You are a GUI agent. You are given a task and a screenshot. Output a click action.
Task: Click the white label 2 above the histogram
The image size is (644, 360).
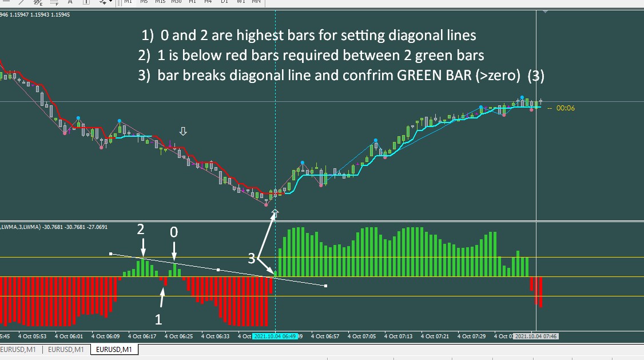pyautogui.click(x=141, y=230)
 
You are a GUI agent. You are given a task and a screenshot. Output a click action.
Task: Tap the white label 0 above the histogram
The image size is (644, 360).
pyautogui.click(x=174, y=232)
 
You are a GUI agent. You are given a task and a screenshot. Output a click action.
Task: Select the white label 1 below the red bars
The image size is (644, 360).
pyautogui.click(x=159, y=318)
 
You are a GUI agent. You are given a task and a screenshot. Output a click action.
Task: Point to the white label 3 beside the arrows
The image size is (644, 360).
pyautogui.click(x=251, y=259)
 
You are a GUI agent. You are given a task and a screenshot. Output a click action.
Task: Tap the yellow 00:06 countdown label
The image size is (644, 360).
pyautogui.click(x=566, y=108)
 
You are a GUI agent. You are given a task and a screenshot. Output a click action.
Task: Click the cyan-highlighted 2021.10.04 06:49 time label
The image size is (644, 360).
pyautogui.click(x=275, y=337)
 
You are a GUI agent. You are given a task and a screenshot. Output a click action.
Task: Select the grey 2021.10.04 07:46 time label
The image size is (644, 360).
pyautogui.click(x=535, y=337)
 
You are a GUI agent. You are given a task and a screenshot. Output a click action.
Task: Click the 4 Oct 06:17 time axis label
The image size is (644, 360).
pyautogui.click(x=142, y=337)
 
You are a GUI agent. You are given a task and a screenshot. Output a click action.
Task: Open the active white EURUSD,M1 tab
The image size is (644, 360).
pyautogui.click(x=114, y=349)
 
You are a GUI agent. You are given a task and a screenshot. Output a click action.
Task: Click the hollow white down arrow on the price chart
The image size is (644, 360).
pyautogui.click(x=183, y=132)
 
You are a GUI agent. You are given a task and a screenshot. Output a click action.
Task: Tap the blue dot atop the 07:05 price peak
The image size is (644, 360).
pyautogui.click(x=376, y=140)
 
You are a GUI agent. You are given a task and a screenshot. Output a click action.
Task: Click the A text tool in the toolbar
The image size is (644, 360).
pyautogui.click(x=70, y=2)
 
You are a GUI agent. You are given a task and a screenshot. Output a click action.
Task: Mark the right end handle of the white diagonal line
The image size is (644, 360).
pyautogui.click(x=325, y=286)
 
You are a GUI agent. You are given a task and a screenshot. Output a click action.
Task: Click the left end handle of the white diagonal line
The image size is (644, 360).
pyautogui.click(x=111, y=253)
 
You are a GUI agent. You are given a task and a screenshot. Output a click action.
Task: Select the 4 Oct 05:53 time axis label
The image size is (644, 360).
pyautogui.click(x=33, y=337)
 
